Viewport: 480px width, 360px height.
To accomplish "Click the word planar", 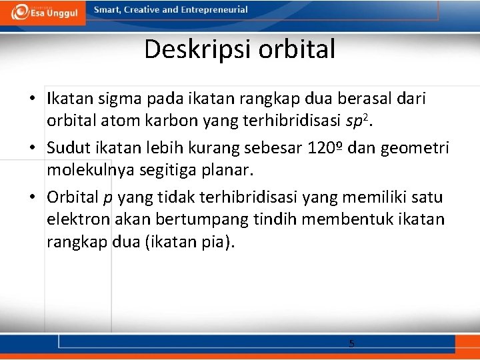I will [x=226, y=170].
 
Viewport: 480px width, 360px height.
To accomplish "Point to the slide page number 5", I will [x=351, y=343].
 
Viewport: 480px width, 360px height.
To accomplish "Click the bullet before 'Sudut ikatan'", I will [x=33, y=147].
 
